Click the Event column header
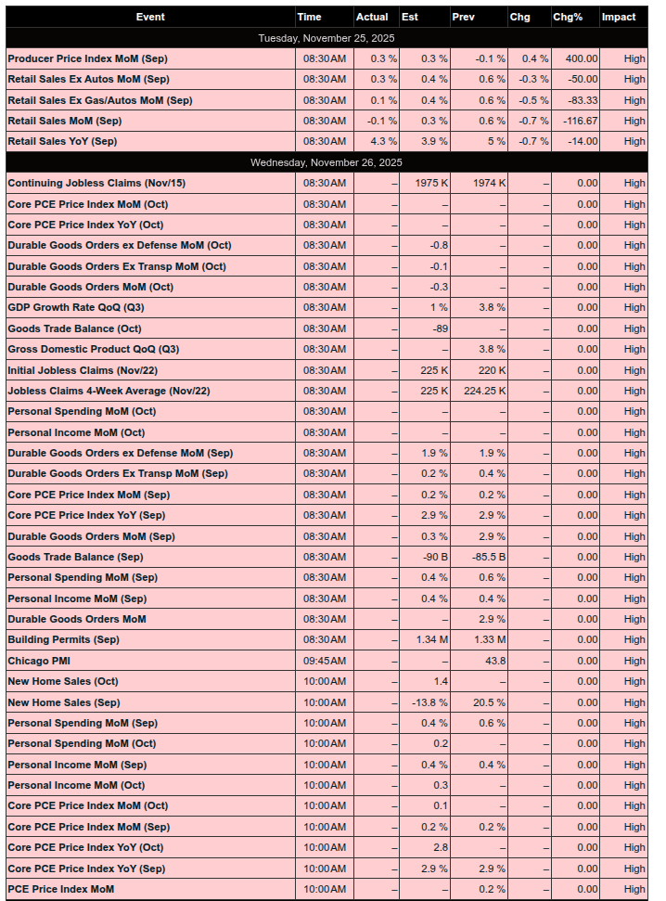150,17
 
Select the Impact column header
619,17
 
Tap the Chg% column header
568,17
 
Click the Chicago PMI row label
39,661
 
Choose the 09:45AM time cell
325,661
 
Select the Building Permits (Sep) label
63,639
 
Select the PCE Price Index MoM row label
60,889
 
